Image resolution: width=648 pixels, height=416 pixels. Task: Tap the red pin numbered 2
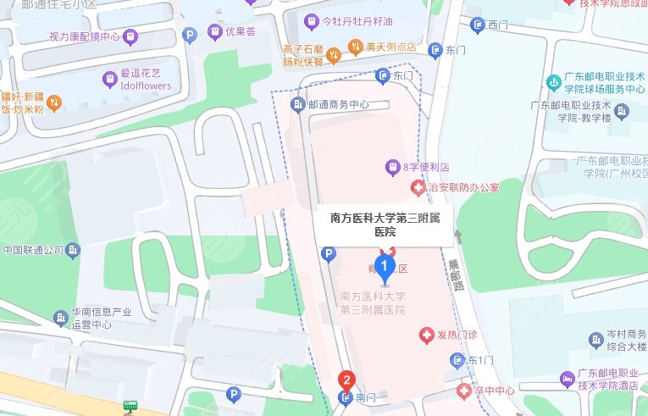tap(346, 381)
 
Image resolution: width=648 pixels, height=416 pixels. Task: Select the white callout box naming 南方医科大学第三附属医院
tap(385, 225)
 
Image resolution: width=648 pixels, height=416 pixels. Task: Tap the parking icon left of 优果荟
tap(191, 35)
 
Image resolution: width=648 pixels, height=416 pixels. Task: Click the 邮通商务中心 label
tap(339, 105)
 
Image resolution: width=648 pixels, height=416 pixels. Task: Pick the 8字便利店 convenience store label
tap(426, 166)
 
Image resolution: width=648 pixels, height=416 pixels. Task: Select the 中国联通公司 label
tap(34, 251)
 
